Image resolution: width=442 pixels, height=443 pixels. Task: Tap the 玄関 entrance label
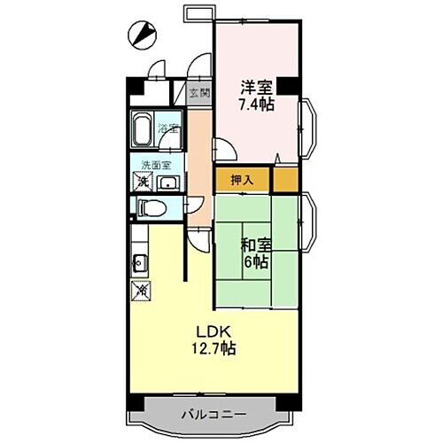(x=198, y=92)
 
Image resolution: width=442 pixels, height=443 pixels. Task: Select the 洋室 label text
(x=258, y=88)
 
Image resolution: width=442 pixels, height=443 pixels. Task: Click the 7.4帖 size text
(x=258, y=105)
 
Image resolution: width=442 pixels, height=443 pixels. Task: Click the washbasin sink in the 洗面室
(x=168, y=184)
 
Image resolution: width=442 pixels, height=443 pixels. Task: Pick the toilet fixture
(x=151, y=208)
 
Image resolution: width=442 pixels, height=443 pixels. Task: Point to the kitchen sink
(x=139, y=262)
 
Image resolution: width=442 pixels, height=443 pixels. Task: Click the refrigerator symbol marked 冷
(x=140, y=289)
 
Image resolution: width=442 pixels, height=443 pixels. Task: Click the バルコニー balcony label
(x=216, y=414)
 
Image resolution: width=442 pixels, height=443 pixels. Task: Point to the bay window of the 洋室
(x=310, y=129)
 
